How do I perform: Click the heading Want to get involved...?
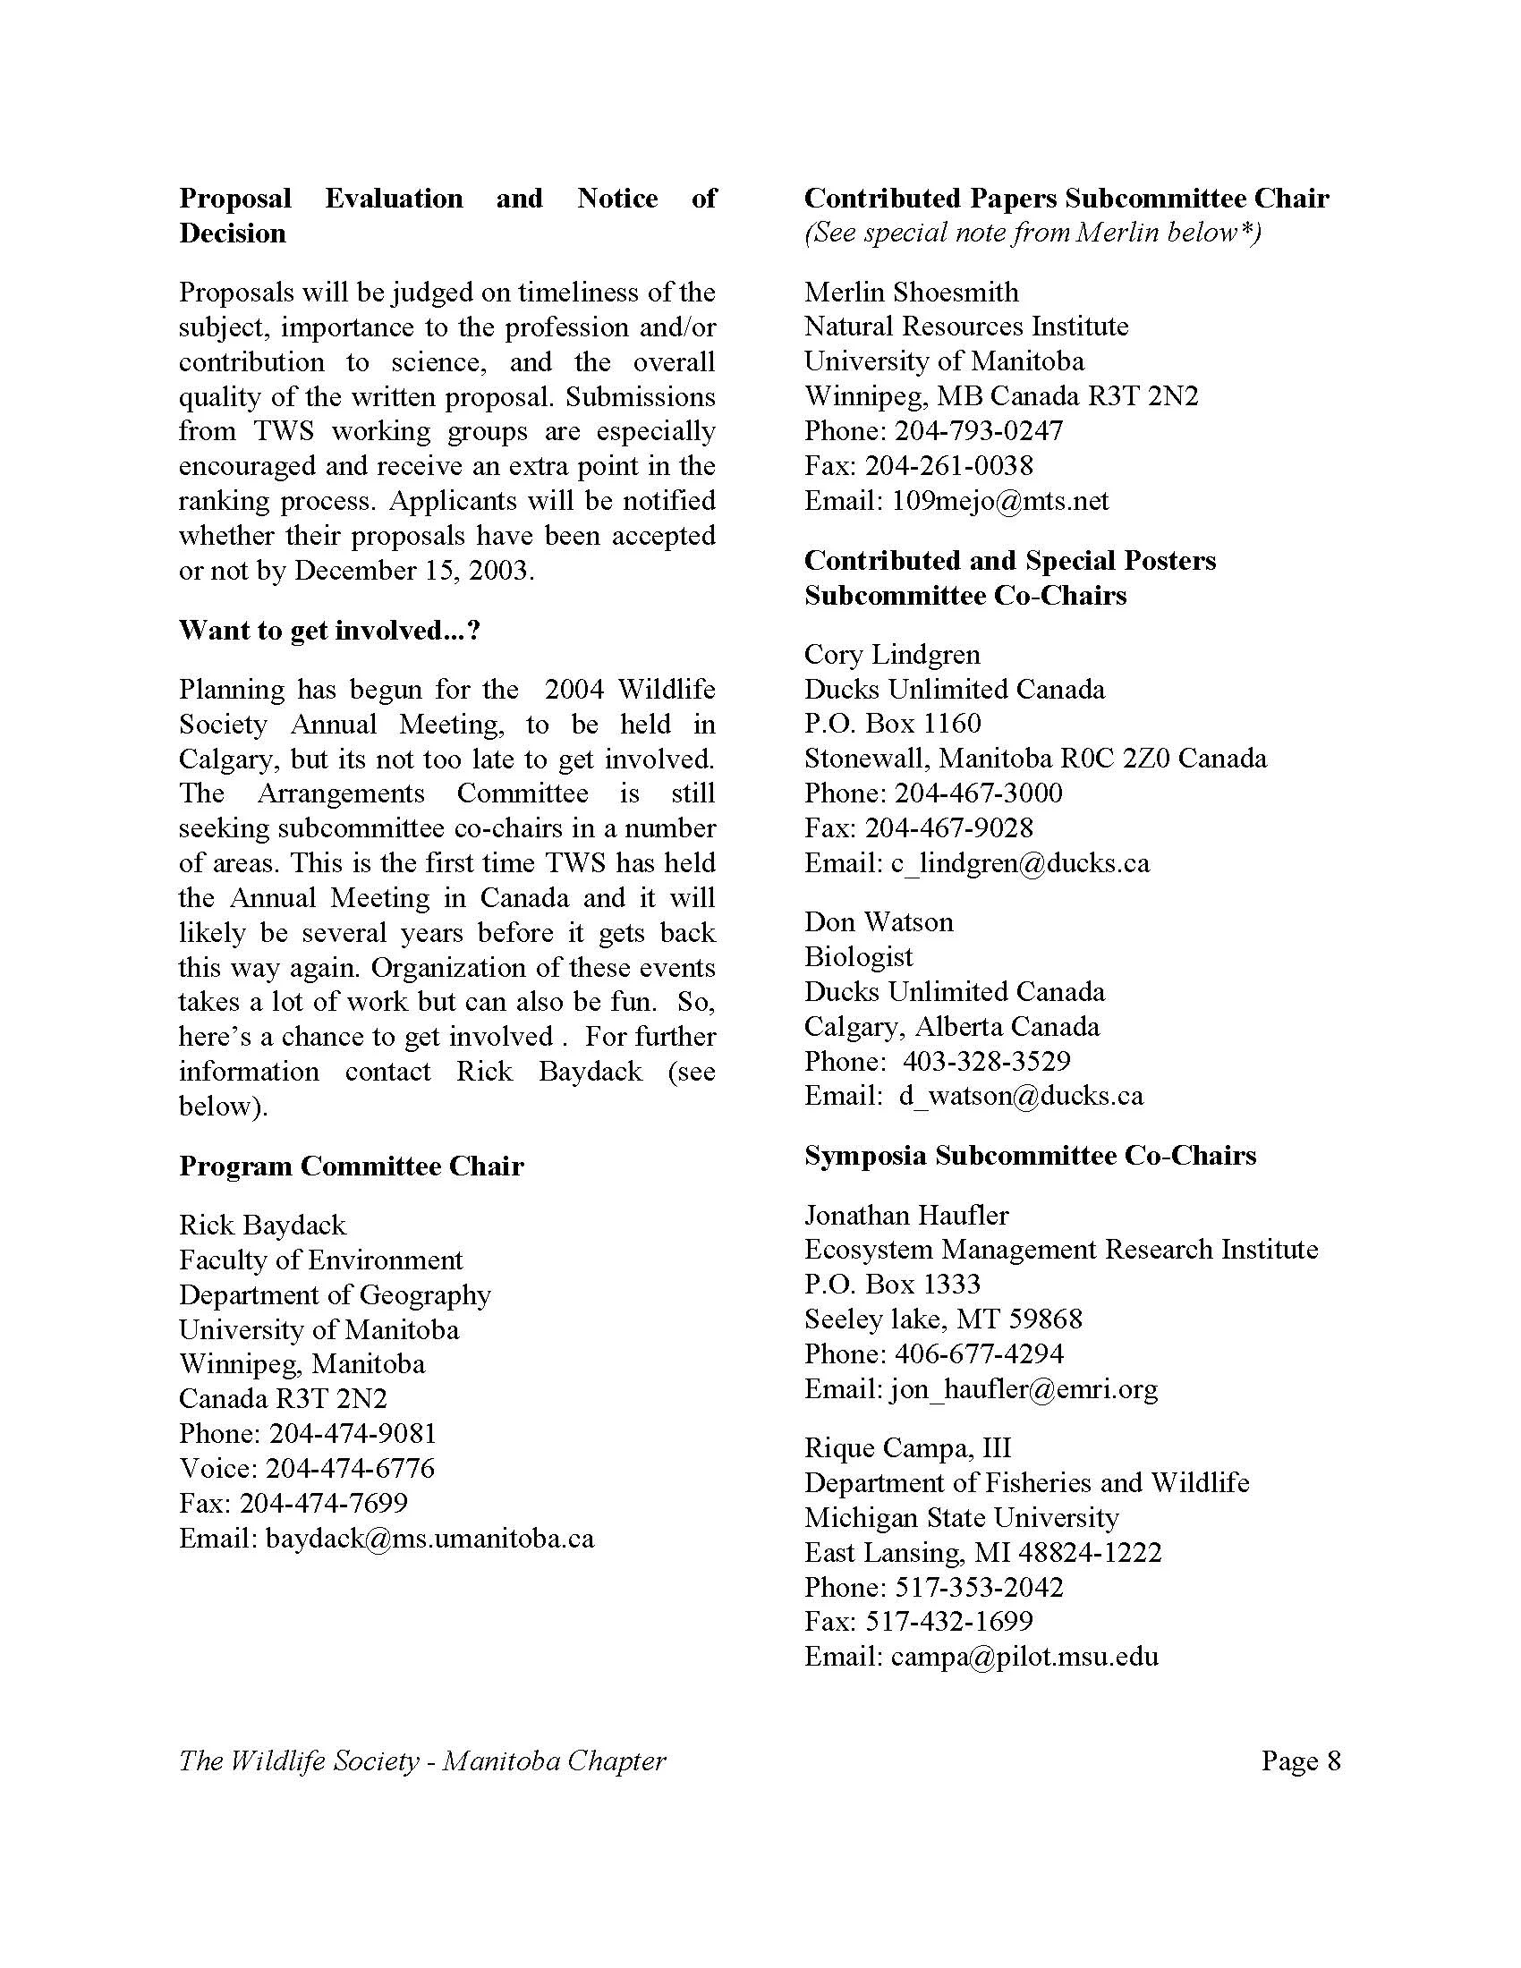[330, 631]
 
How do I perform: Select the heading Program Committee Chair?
[351, 1166]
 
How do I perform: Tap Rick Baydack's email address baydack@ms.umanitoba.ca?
[429, 1539]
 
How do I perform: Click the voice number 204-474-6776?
[351, 1468]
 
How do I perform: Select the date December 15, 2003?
[413, 571]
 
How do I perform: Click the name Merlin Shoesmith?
[911, 292]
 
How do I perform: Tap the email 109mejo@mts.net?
[1000, 500]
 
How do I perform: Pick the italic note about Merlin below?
[1032, 233]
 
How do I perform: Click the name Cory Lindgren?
[892, 654]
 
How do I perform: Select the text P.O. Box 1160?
[892, 724]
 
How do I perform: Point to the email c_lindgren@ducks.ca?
[1020, 863]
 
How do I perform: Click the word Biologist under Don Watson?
[858, 956]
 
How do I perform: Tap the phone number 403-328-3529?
[987, 1061]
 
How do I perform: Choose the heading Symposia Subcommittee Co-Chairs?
[1030, 1155]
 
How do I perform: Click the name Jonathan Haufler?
[905, 1215]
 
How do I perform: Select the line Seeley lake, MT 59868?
[942, 1319]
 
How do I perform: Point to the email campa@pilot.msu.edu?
[1024, 1656]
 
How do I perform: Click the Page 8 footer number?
[1300, 1760]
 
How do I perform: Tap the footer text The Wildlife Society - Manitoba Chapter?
[421, 1760]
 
